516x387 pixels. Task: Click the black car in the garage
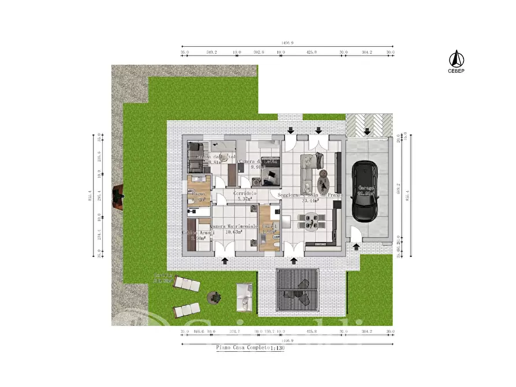click(365, 191)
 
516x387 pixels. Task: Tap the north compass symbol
click(456, 58)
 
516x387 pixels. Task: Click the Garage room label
click(365, 188)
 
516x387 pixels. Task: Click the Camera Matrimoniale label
click(233, 226)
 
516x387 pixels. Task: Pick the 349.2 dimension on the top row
click(211, 52)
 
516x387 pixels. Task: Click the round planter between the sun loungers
click(214, 297)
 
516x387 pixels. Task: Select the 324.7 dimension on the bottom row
click(235, 332)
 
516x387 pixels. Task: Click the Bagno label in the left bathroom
click(199, 195)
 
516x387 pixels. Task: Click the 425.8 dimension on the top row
click(311, 52)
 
